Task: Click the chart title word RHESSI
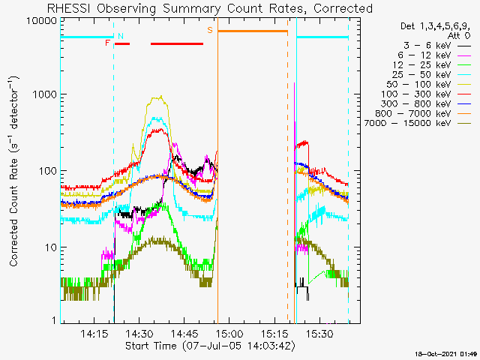coord(68,8)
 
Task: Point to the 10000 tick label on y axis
coord(42,21)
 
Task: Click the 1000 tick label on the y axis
coord(45,94)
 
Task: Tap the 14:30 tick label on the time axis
coord(139,333)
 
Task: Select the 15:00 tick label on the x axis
coord(229,333)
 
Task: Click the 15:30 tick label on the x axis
coord(320,333)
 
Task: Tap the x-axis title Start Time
coord(151,346)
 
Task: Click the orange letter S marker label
coord(210,30)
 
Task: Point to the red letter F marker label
coord(107,43)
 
